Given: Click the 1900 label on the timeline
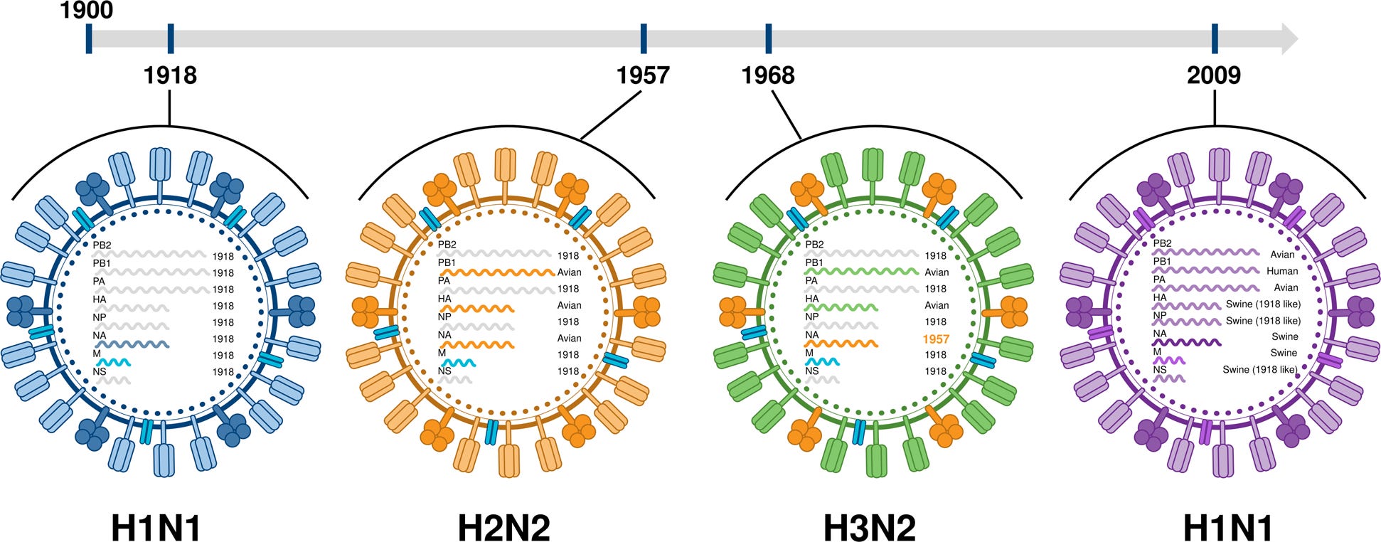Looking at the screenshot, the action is point(87,10).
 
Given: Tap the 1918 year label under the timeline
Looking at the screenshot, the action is point(170,75).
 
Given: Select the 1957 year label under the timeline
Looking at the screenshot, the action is point(643,75).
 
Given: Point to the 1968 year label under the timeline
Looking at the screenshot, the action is point(768,75).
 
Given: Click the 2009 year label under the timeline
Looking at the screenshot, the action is point(1214,75).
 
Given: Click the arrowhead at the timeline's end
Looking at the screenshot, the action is point(1289,38).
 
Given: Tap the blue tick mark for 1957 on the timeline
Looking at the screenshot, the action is point(644,38).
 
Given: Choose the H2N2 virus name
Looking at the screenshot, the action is point(503,528).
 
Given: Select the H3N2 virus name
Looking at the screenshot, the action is point(869,528).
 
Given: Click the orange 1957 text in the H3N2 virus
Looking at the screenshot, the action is point(936,339).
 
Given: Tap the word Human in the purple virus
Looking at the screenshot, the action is point(1282,271).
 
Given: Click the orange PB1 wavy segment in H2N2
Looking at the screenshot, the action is point(498,272).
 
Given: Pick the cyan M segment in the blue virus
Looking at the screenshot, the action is point(114,362).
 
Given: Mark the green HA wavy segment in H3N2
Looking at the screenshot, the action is point(841,307).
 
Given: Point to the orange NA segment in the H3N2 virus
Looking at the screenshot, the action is point(841,344).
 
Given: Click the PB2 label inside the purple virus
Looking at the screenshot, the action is point(1163,243).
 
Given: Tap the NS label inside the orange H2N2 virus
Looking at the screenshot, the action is point(444,371).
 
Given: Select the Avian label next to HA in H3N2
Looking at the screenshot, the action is point(936,305).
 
